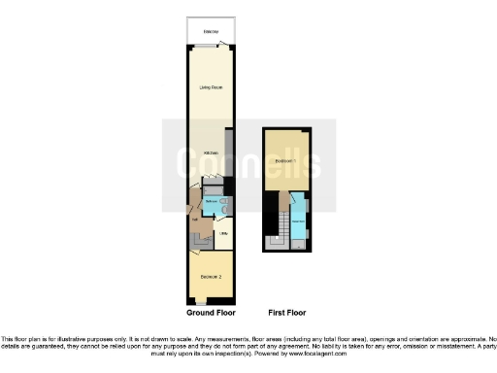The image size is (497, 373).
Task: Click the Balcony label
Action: click(210, 33)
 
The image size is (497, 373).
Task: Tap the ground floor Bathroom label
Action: click(211, 203)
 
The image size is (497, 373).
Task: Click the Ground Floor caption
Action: click(210, 313)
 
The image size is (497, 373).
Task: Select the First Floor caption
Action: click(287, 313)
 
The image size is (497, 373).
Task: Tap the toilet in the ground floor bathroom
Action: click(223, 209)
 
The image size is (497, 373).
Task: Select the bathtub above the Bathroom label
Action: click(211, 195)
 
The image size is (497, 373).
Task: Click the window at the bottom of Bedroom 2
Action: click(201, 303)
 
